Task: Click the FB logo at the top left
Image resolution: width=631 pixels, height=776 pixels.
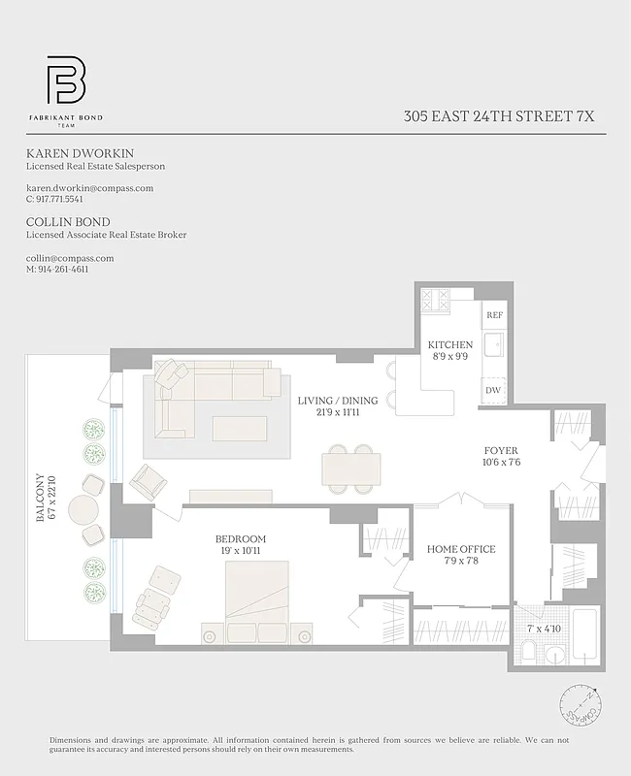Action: [x=65, y=81]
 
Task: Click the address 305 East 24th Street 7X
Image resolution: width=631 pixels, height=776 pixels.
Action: [x=499, y=116]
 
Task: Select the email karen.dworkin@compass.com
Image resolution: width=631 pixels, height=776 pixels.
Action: [x=89, y=188]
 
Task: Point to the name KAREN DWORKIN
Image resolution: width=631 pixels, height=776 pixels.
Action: [x=80, y=153]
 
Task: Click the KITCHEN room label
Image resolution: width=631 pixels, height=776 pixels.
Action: [x=450, y=344]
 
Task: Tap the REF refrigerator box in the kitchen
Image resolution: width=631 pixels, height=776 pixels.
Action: [x=494, y=315]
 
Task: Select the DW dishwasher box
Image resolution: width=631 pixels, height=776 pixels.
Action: [x=494, y=389]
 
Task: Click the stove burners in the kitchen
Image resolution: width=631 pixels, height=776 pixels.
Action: [x=434, y=298]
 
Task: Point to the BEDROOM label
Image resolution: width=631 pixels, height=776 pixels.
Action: [x=240, y=539]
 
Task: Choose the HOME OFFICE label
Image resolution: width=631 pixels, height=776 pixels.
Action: [x=461, y=550]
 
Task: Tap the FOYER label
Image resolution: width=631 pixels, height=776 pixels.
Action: [x=502, y=451]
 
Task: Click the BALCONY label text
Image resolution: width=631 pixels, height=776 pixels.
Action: [x=41, y=498]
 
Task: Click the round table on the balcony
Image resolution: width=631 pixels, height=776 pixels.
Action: [x=83, y=509]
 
